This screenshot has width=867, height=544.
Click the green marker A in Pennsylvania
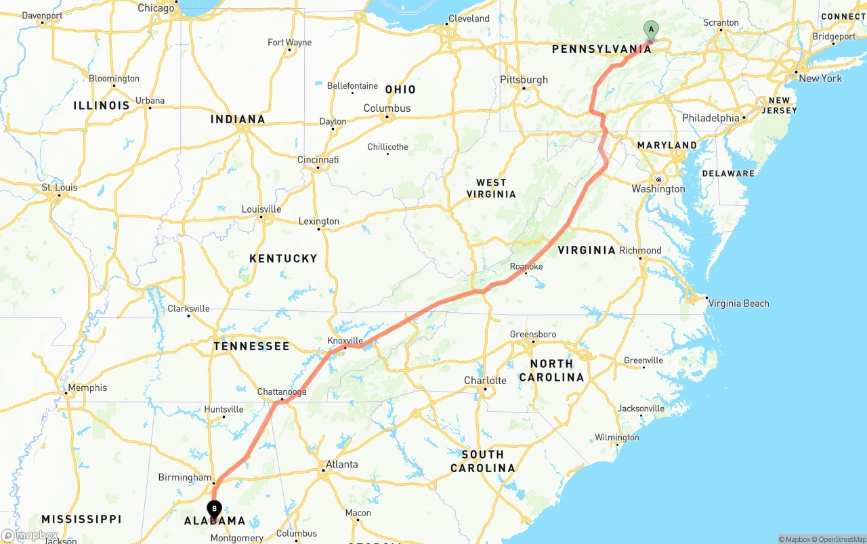pos(650,29)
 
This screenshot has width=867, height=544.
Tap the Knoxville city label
pos(345,340)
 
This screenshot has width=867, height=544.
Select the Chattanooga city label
pos(282,392)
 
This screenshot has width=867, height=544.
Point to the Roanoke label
pos(526,266)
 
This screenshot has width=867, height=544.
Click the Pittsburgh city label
pos(524,80)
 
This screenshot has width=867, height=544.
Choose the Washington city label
pos(658,189)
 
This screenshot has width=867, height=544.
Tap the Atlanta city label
pos(341,464)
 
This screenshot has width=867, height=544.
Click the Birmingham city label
pos(185,477)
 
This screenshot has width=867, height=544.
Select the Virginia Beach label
pos(738,304)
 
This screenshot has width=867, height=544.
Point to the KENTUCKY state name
pos(283,258)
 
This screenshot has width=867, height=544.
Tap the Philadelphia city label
pos(711,118)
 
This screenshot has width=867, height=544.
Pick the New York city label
pos(820,79)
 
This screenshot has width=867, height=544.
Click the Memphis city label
pos(87,388)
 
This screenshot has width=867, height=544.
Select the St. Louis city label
pos(60,188)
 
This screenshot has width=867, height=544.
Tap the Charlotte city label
pos(485,380)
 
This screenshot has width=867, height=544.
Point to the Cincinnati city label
pos(318,160)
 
